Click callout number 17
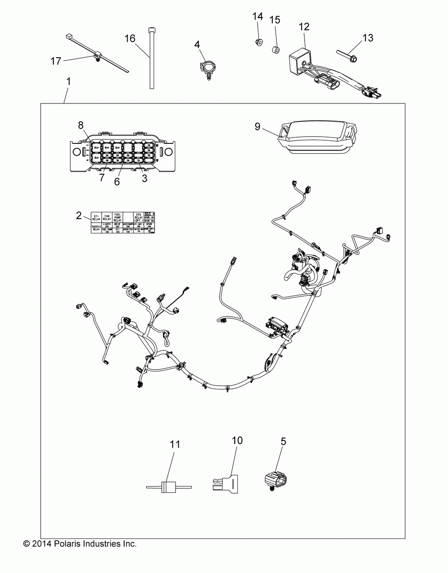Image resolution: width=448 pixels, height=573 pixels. (56, 61)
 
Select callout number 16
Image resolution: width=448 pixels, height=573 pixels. (129, 39)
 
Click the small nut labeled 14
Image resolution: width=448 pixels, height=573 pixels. (258, 42)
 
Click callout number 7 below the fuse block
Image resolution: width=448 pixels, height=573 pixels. (102, 177)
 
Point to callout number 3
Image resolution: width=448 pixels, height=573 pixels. (144, 177)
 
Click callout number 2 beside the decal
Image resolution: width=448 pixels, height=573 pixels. (79, 215)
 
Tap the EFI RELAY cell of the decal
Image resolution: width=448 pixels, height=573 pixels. (96, 218)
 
